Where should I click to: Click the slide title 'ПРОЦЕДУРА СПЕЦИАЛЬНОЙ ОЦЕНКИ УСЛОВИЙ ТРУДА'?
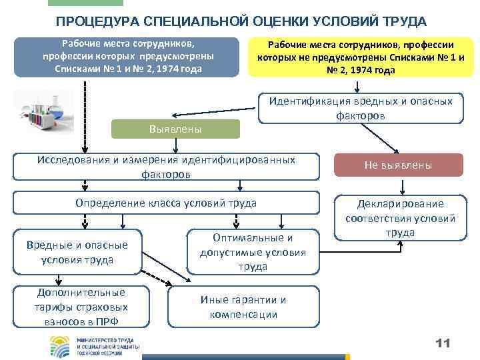coord(241,21)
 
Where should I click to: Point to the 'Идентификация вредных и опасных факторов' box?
coord(361,108)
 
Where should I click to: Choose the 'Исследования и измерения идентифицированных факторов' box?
coord(167,167)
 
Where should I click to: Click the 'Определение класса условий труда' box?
coord(167,203)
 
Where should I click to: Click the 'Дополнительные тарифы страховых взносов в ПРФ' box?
coord(81,307)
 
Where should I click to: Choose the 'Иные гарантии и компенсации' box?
coord(243,307)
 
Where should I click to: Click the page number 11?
coord(442,343)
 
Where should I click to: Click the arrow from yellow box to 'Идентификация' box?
coord(357,86)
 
